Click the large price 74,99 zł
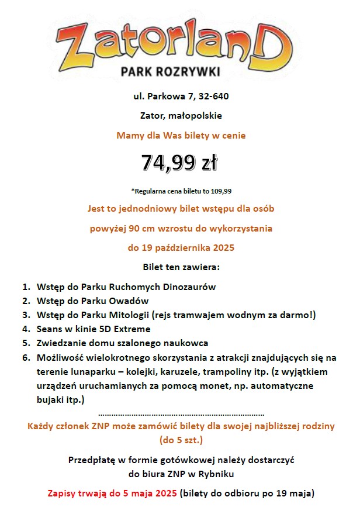pos(179,163)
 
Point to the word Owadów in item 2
pos(130,301)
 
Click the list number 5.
pos(26,343)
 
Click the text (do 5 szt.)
pos(181,439)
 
